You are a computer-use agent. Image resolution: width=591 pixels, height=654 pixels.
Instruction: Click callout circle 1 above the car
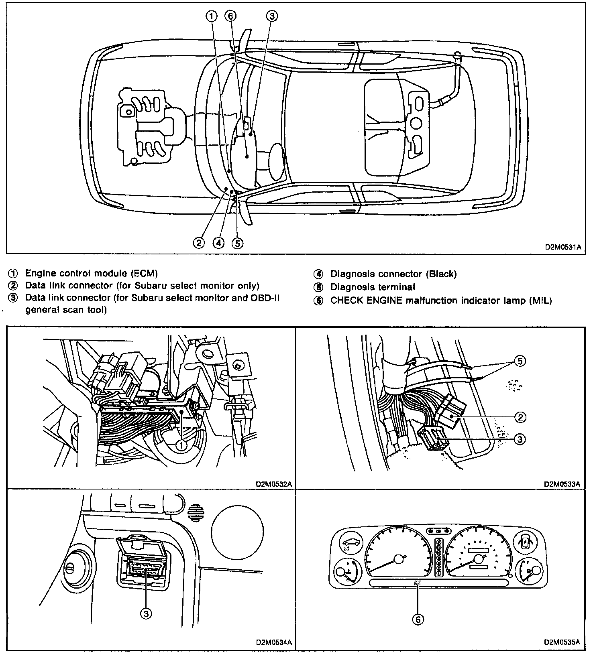[x=211, y=16]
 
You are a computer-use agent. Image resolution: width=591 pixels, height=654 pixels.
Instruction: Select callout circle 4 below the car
[x=218, y=243]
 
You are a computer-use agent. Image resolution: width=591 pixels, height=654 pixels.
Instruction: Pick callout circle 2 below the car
[x=198, y=243]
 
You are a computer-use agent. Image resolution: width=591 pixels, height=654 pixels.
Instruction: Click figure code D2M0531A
[x=562, y=247]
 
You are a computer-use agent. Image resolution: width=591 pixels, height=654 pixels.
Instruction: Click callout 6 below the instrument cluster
[x=418, y=620]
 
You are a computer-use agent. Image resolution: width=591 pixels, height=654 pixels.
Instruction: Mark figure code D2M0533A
[x=562, y=484]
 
